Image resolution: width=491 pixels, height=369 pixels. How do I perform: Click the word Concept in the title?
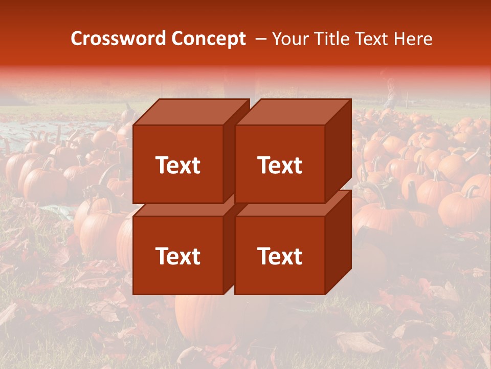coord(208,38)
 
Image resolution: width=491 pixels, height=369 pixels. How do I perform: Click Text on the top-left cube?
coord(177,165)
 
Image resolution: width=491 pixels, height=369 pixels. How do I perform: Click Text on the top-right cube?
coord(279,165)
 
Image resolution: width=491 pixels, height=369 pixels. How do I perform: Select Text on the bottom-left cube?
coord(177,256)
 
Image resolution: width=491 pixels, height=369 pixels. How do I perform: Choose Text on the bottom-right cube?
coord(279,256)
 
